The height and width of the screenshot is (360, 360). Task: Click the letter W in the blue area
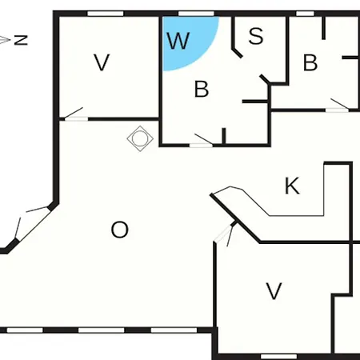[178, 41]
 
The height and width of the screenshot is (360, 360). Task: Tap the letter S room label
[256, 35]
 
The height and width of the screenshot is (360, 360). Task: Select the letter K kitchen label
[292, 186]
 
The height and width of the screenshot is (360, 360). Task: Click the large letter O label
[119, 230]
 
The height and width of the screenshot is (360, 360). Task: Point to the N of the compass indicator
[21, 40]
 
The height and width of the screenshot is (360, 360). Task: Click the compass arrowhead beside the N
[5, 40]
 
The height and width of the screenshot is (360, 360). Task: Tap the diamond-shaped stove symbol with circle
[140, 138]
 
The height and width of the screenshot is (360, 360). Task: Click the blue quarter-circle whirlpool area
[186, 40]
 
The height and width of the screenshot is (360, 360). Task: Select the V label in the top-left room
[102, 62]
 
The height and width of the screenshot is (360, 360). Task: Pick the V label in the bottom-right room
[274, 291]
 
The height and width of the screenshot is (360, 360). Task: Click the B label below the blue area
[202, 89]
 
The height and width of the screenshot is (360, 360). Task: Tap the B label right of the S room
[310, 62]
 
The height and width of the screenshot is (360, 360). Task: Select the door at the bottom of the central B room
[202, 142]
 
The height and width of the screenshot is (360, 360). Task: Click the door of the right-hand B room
[338, 106]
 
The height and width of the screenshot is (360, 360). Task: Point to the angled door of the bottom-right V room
[226, 234]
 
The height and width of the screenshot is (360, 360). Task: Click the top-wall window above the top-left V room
[106, 14]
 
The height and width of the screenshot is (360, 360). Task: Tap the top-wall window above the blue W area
[196, 14]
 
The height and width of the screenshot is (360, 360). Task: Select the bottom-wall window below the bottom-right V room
[278, 357]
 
